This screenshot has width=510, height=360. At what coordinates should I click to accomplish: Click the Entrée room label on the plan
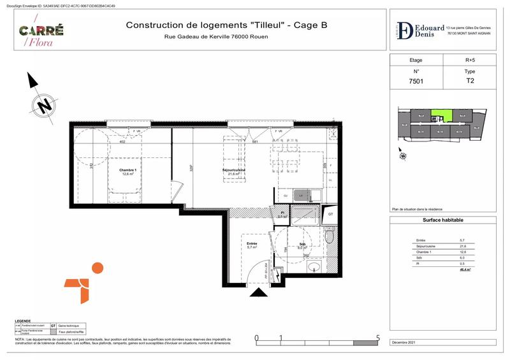(x=252, y=244)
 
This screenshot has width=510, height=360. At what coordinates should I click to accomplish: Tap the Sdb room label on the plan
(x=302, y=246)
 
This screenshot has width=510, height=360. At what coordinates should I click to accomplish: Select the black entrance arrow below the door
(x=259, y=292)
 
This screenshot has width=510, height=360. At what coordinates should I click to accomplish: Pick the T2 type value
(x=470, y=82)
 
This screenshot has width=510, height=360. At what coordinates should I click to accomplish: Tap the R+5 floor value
(x=470, y=60)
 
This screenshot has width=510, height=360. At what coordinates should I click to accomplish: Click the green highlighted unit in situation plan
(x=441, y=117)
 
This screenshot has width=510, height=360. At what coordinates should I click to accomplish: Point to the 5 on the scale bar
(x=378, y=338)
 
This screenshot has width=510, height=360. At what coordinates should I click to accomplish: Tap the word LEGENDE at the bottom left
(x=23, y=320)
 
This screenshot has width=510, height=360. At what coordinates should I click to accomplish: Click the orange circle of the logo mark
(x=97, y=268)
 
